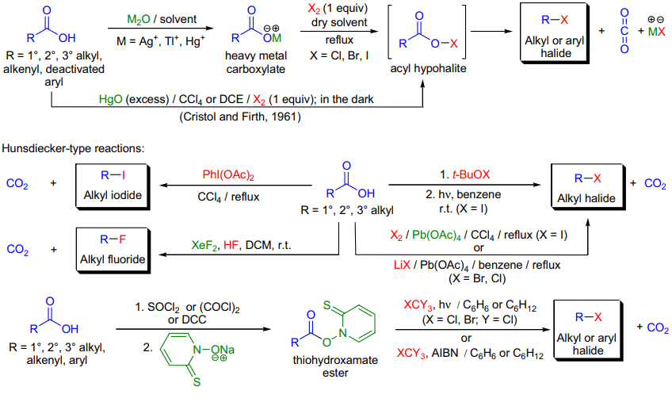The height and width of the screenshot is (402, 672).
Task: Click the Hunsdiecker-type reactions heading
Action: point(73,148)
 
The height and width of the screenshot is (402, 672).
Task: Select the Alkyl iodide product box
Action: point(113,186)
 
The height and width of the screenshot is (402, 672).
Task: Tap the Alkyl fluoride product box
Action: point(113,251)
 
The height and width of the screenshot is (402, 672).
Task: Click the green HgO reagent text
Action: point(111,99)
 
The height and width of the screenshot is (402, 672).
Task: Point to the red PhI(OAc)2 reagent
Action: point(228,175)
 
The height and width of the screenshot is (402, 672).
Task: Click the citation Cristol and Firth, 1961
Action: point(240,117)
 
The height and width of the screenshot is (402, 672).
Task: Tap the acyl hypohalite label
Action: point(428,68)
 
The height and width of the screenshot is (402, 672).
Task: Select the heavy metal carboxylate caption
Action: point(256,62)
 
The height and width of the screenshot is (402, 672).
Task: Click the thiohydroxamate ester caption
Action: point(335,366)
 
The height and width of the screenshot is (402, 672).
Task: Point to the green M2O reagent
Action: point(139,19)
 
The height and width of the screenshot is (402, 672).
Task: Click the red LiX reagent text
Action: point(402,265)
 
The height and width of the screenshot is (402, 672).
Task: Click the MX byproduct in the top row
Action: point(657,31)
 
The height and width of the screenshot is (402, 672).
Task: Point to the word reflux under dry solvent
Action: point(339,40)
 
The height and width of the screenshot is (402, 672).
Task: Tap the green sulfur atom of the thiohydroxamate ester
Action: point(327,305)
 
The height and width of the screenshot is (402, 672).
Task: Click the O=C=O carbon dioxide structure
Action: point(624,31)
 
